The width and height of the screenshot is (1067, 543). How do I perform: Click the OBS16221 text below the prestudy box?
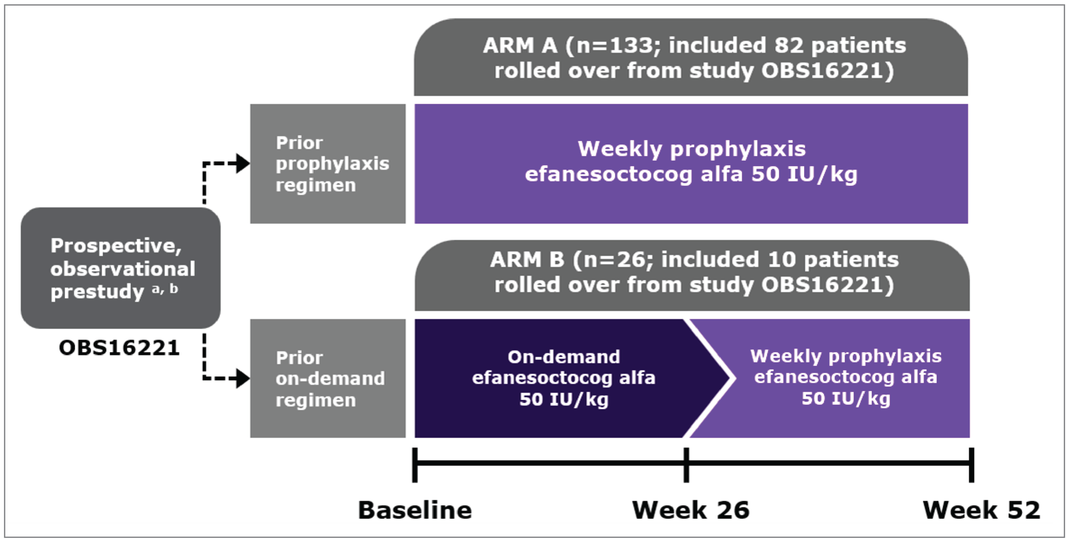click(x=119, y=348)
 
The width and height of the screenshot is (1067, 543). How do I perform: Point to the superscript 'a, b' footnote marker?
click(x=165, y=289)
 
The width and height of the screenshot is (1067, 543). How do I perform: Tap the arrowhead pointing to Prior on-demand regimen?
click(x=243, y=378)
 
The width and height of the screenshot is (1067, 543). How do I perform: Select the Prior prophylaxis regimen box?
click(x=328, y=164)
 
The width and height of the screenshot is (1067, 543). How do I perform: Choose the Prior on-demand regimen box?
click(x=328, y=378)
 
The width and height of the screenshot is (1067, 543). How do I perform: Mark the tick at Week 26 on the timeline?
click(x=686, y=464)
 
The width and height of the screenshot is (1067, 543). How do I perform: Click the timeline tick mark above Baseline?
click(x=415, y=464)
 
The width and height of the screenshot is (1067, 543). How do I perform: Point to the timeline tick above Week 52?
click(x=971, y=464)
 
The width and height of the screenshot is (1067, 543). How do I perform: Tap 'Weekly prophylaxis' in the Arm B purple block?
click(x=846, y=356)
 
